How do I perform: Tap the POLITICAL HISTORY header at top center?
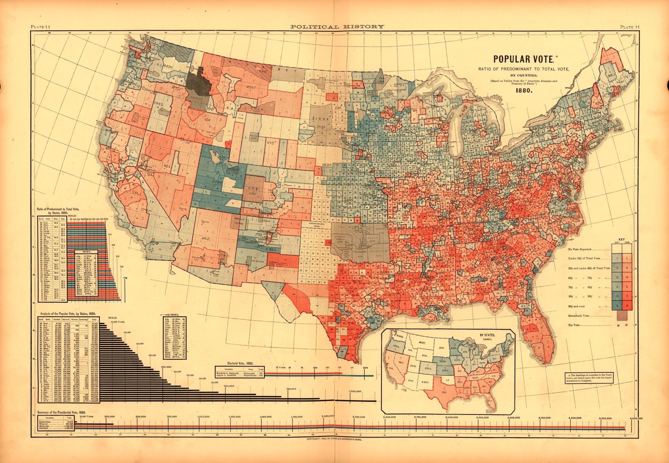[x=337, y=27]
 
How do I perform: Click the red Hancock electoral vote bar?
[x=303, y=373]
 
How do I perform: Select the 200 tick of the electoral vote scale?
[x=365, y=368]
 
